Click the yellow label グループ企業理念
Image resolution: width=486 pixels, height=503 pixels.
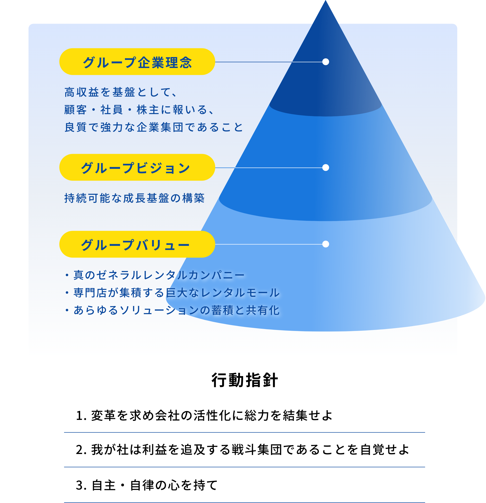(137, 62)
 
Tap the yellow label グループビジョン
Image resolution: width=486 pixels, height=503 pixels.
(137, 168)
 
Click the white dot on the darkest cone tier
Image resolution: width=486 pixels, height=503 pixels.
(326, 62)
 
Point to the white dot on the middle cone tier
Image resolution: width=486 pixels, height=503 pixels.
(326, 168)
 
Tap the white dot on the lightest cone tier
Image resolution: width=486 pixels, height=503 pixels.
(326, 244)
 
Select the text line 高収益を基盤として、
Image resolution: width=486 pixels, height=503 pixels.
(121, 92)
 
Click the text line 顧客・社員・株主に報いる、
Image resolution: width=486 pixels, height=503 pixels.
(139, 110)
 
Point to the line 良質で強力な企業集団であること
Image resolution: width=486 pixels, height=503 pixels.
(153, 127)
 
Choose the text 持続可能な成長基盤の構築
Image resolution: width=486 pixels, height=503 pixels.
(134, 198)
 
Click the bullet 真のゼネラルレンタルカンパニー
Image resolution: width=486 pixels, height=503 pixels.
(159, 275)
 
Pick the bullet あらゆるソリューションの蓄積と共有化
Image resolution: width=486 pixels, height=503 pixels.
(177, 310)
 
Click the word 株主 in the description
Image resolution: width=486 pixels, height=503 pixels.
(148, 110)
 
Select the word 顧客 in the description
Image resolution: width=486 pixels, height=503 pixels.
(76, 110)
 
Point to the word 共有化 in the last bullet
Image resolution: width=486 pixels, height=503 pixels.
(263, 310)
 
